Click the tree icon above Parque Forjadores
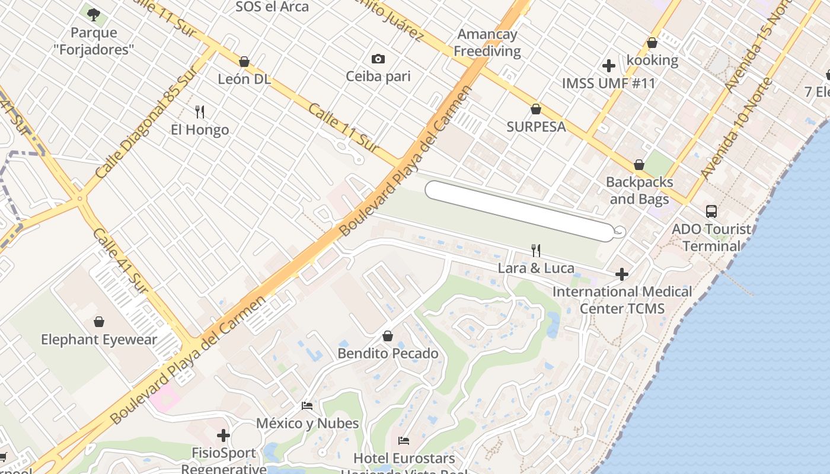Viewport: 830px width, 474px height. pos(93,14)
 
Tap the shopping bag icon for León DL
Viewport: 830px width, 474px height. pos(244,62)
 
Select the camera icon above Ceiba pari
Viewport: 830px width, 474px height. pos(378,59)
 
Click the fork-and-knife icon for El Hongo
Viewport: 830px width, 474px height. pos(200,111)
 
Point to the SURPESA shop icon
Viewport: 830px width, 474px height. pos(535,109)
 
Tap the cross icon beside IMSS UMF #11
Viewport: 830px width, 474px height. pos(608,66)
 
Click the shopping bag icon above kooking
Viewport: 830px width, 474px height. pos(652,43)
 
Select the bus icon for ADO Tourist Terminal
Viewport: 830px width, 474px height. pos(711,211)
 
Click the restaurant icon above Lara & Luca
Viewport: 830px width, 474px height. pos(536,251)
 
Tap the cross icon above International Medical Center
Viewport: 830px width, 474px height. pos(621,274)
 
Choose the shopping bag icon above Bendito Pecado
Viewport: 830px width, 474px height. pos(388,336)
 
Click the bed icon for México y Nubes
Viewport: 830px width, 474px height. pos(307,406)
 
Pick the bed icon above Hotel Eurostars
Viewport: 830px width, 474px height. pos(404,440)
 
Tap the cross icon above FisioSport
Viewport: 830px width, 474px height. pos(224,435)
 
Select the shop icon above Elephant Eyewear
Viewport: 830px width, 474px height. pos(99,322)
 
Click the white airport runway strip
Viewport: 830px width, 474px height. pos(519,211)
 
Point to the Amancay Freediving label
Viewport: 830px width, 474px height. pos(487,43)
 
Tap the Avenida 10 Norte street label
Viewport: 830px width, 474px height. pos(735,129)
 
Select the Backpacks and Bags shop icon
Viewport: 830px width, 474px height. pos(639,165)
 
